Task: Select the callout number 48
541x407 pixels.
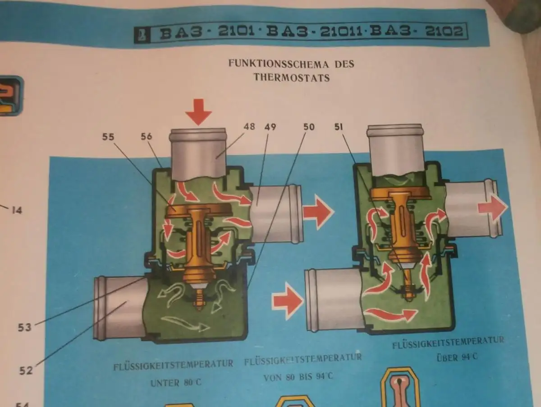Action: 249,127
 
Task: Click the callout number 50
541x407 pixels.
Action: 309,128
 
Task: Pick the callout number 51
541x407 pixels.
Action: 339,128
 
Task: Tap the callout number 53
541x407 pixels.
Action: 25,327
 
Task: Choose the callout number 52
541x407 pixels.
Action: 26,370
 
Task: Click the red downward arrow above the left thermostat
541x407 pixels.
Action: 198,111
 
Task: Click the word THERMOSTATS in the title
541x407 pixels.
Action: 291,78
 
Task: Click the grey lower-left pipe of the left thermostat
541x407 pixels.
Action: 118,308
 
